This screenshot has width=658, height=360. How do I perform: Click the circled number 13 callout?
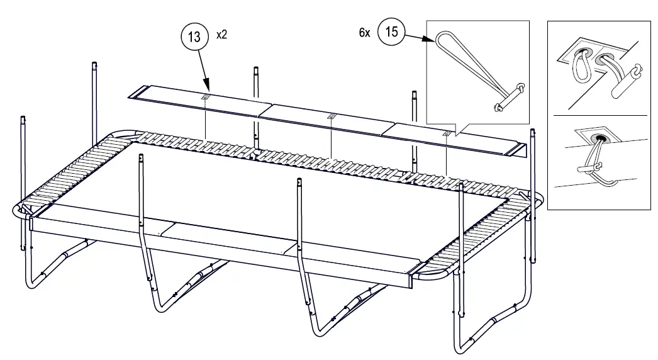tap(195, 37)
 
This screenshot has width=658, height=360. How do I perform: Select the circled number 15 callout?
tap(391, 32)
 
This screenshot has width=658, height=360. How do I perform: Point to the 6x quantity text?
tap(365, 33)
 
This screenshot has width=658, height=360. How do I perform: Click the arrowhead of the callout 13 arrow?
tap(207, 89)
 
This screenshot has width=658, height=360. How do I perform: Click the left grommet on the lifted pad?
tap(205, 98)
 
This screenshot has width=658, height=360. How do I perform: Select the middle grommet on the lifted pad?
tap(331, 116)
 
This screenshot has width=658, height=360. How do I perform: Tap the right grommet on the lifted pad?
tap(446, 133)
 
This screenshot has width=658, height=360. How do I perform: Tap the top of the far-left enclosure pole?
tap(23, 119)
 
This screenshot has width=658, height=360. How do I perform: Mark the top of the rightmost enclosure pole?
tap(532, 132)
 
